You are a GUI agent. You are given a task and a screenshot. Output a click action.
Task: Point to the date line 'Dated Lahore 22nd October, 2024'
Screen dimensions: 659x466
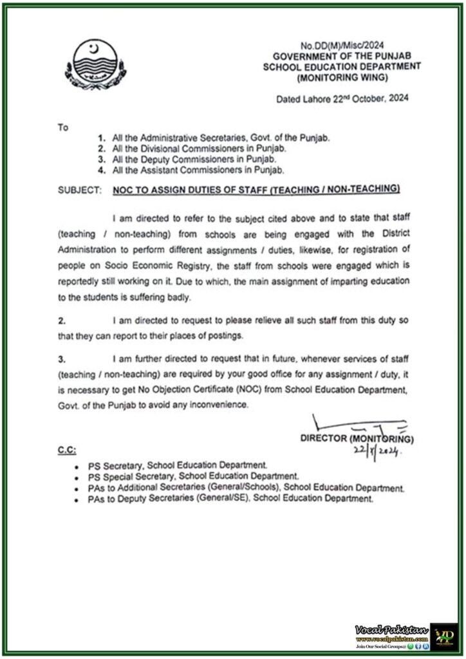pos(342,99)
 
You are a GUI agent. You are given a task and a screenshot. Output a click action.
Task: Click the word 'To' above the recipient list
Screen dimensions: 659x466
pos(63,127)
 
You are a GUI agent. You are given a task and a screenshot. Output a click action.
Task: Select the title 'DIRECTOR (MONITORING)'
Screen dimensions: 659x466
pos(357,440)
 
